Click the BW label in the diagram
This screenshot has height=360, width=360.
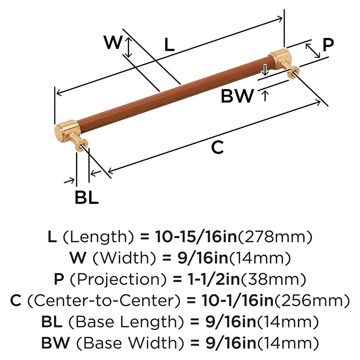point(237,96)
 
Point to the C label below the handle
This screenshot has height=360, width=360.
point(217,147)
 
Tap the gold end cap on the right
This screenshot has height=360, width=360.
point(280,58)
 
